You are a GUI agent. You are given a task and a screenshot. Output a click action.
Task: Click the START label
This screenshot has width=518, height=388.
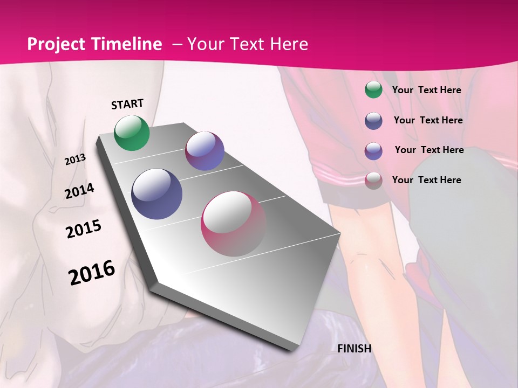tap(127, 104)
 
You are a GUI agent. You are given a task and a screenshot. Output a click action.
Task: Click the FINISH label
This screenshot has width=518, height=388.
tap(355, 349)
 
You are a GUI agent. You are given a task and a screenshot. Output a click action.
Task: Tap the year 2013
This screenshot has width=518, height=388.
tap(76, 159)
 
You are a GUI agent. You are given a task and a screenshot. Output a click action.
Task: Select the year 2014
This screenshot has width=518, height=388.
tap(79, 191)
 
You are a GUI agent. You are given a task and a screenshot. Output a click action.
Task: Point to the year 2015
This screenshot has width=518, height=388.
tap(84, 229)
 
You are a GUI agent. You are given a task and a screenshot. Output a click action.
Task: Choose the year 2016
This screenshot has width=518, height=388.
tap(92, 273)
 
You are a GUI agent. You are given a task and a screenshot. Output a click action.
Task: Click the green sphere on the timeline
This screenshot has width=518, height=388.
tap(132, 133)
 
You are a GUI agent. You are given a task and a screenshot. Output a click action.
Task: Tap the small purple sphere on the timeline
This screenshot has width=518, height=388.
tap(205, 151)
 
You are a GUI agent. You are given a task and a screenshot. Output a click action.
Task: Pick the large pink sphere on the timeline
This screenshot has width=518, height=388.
tap(234, 224)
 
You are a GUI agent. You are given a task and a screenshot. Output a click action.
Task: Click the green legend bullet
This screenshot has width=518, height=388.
tap(373, 90)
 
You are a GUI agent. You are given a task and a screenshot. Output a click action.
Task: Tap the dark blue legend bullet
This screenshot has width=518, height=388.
tap(373, 121)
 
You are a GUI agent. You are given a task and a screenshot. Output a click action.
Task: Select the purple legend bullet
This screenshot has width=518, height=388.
tap(373, 151)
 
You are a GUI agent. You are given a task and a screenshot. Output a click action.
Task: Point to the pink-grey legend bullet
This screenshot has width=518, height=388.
tap(373, 181)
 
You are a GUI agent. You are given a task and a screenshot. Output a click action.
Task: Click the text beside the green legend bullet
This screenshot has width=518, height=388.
tap(426, 90)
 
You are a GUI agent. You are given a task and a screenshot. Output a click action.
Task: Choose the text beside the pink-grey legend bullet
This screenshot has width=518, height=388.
tap(426, 180)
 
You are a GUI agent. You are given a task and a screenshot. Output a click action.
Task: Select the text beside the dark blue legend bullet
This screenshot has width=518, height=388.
tap(428, 120)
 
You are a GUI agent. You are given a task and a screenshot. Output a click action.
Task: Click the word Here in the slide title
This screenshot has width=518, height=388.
tap(289, 44)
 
